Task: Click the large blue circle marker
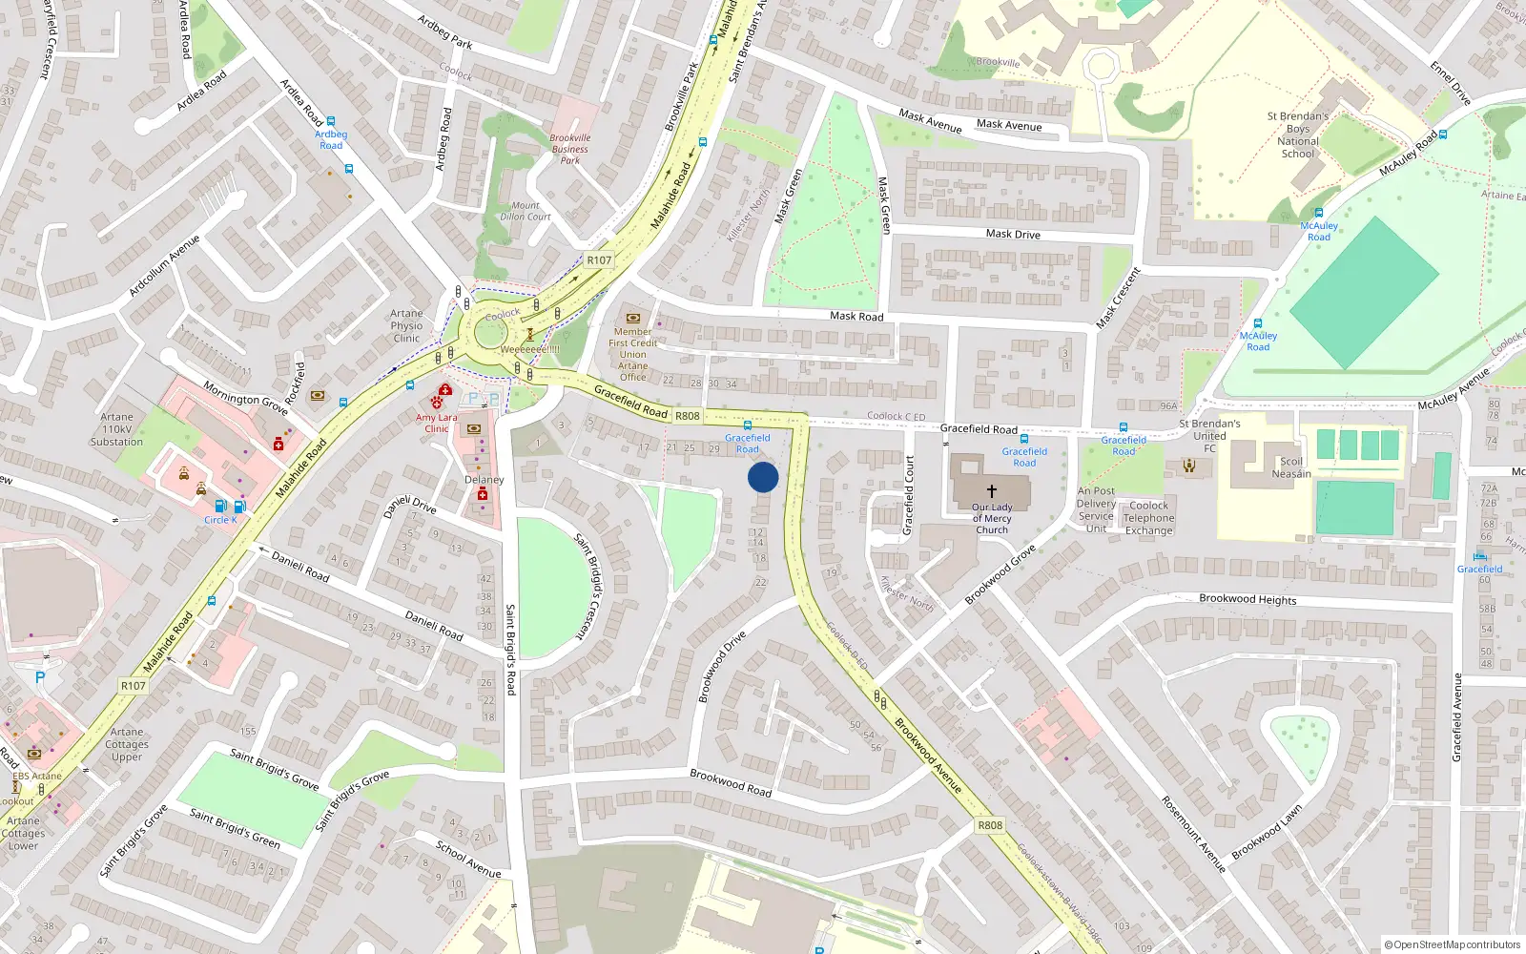tap(763, 477)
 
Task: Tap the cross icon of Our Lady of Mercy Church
tap(992, 490)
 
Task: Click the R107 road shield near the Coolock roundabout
tap(599, 259)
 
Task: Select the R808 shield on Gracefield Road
tap(688, 416)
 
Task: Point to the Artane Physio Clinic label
tap(406, 325)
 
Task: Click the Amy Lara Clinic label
tap(436, 423)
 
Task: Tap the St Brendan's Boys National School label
tap(1298, 135)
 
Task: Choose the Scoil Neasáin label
tap(1291, 467)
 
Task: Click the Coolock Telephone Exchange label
tap(1148, 518)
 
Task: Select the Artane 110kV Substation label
tap(116, 429)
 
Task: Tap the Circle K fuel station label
tap(220, 520)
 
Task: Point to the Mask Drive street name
tap(1013, 234)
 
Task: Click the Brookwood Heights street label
tap(1248, 599)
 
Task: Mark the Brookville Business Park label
tap(570, 149)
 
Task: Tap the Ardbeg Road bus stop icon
tap(331, 122)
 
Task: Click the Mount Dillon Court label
tap(526, 211)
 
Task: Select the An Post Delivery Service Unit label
tap(1096, 509)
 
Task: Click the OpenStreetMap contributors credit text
tap(1452, 945)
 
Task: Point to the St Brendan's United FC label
tap(1209, 435)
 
